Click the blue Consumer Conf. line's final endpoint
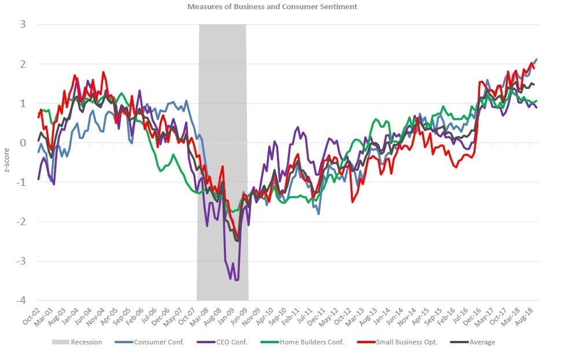[537, 59]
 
